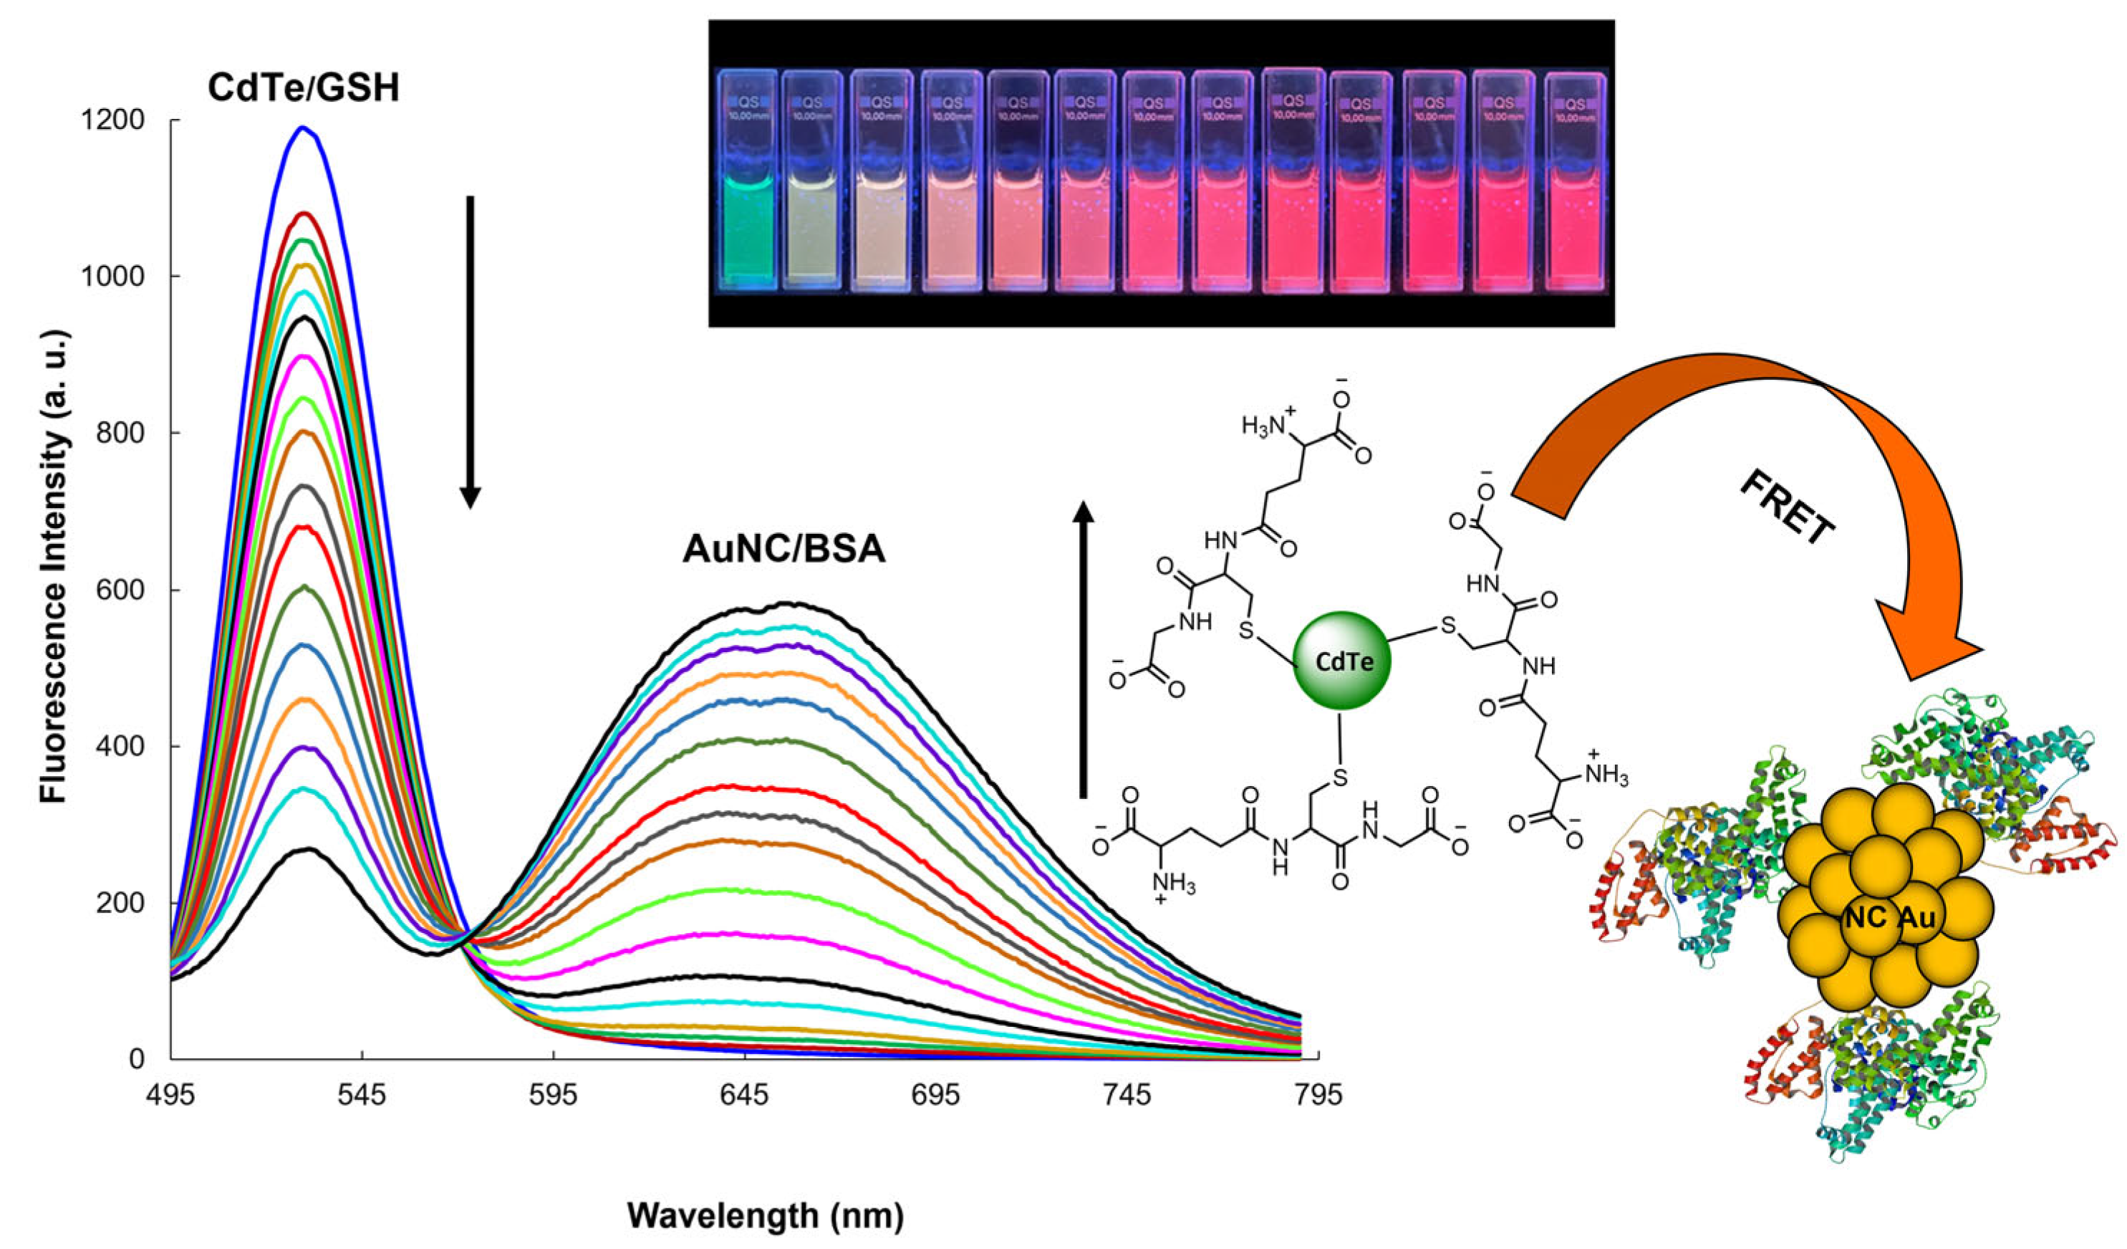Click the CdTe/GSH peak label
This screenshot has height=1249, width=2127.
[x=304, y=88]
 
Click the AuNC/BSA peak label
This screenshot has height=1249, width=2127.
[x=784, y=550]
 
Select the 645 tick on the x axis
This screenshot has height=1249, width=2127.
[x=745, y=1096]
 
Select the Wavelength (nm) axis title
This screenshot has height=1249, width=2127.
[x=765, y=1216]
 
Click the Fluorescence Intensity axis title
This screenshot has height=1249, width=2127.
[x=54, y=566]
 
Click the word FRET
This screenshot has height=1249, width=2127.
[x=1787, y=507]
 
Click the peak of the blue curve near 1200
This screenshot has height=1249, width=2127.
[x=302, y=128]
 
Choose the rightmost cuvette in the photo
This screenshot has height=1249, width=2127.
[x=1574, y=181]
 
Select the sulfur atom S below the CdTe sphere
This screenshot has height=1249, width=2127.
[x=1339, y=776]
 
